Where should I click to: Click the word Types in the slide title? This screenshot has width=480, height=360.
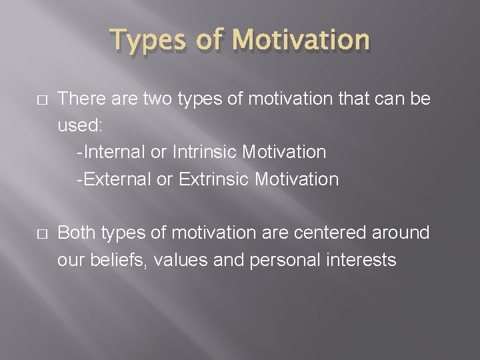pyautogui.click(x=150, y=41)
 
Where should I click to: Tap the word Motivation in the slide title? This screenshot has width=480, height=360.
pyautogui.click(x=302, y=41)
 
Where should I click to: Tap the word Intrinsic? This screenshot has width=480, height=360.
pyautogui.click(x=205, y=153)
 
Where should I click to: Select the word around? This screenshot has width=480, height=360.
pyautogui.click(x=399, y=233)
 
